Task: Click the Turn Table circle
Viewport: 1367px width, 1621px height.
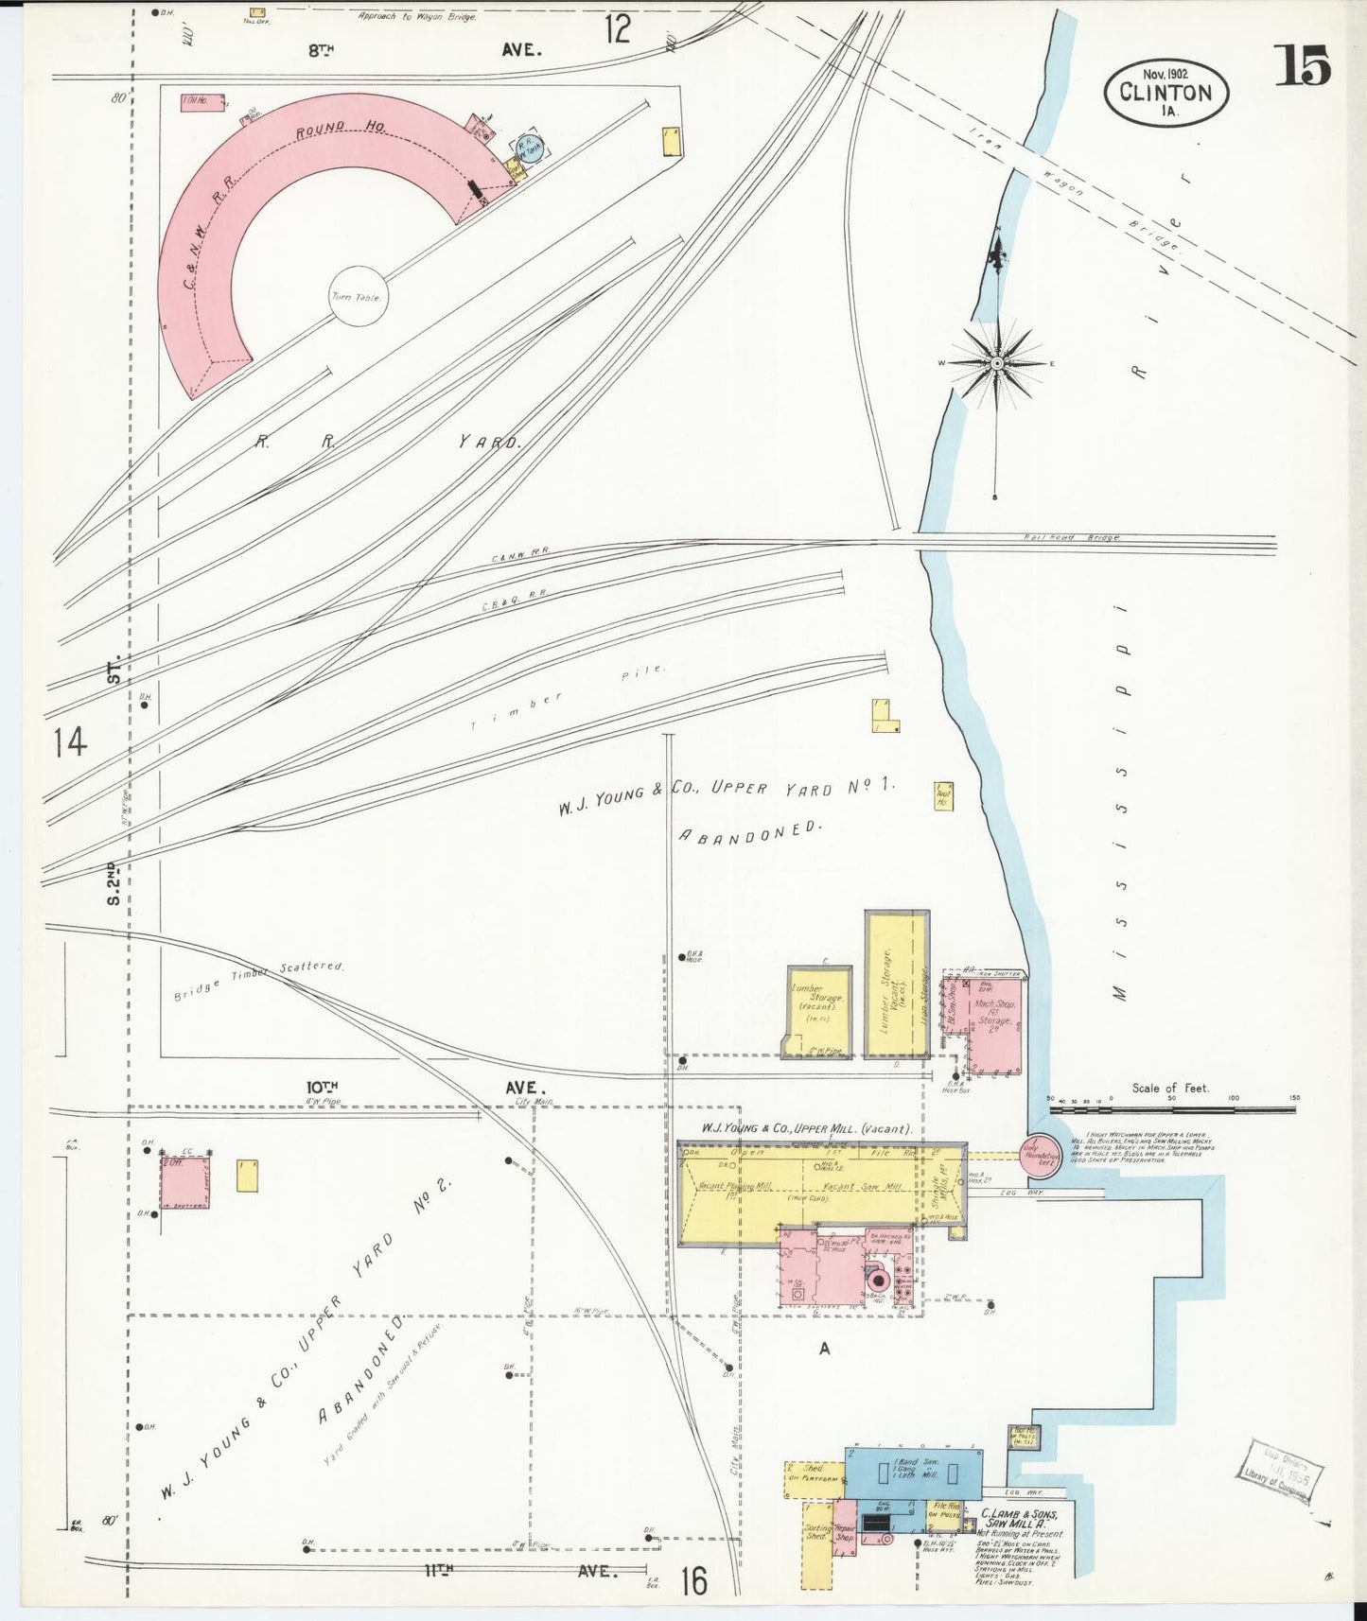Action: (359, 297)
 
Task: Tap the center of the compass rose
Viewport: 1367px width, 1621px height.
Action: (996, 363)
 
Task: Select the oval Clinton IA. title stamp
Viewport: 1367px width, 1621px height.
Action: (1165, 92)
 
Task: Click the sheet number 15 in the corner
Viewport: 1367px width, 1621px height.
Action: (1304, 66)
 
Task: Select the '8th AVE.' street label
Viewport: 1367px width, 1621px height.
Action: (425, 50)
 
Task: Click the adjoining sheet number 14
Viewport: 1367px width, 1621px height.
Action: (70, 741)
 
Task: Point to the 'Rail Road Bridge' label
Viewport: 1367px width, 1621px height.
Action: (1072, 537)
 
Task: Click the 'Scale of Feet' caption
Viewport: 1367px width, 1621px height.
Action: (1170, 1089)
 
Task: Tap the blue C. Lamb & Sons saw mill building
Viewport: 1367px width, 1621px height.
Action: (912, 1473)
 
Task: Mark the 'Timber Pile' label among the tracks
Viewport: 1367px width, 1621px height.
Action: (568, 699)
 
